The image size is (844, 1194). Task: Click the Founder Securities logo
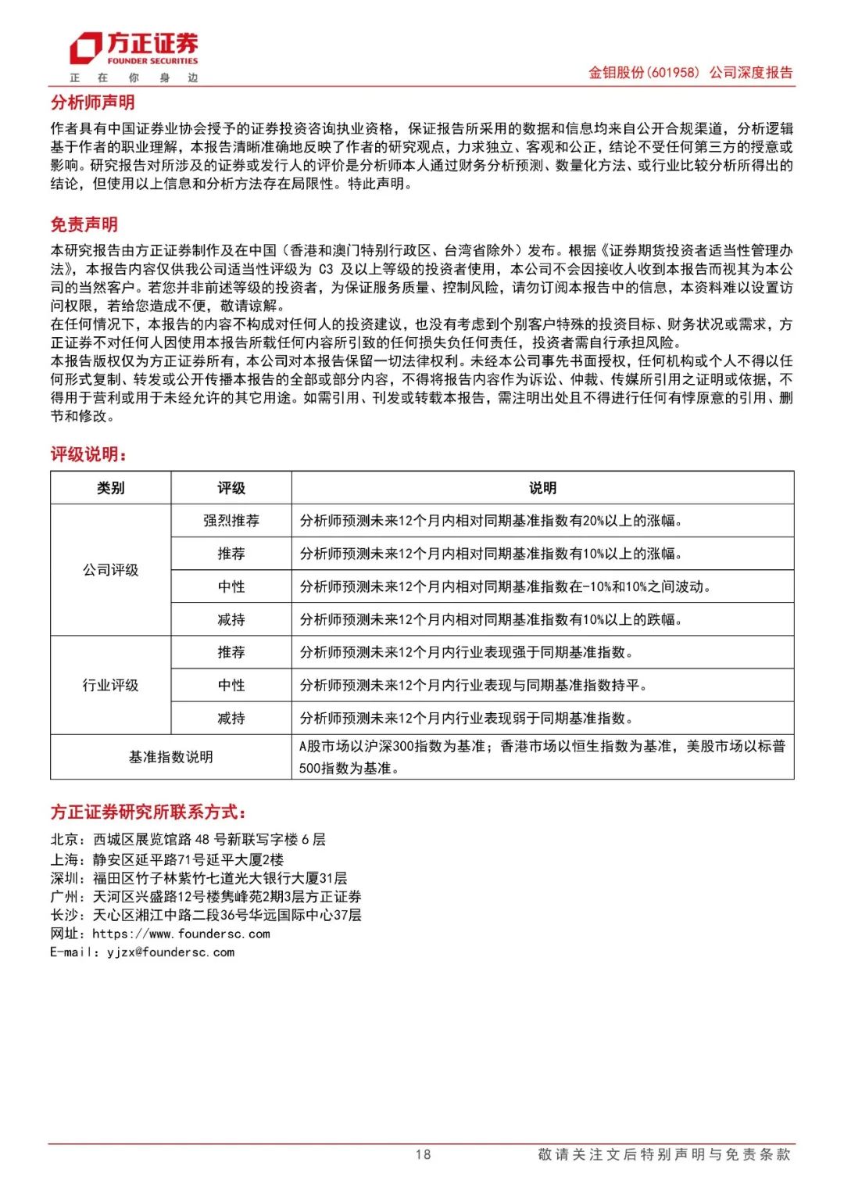(x=134, y=50)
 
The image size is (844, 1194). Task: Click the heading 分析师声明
(x=92, y=102)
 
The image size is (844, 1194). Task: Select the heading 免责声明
(x=84, y=224)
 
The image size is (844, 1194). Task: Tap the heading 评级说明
(x=88, y=454)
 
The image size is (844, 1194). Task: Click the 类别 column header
(x=110, y=488)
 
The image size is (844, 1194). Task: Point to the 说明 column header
(x=542, y=488)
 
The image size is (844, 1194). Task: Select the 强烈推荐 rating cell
(x=231, y=521)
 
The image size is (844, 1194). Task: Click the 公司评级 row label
(x=110, y=570)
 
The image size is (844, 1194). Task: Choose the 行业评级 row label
(x=110, y=685)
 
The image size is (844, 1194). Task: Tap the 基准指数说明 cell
(x=170, y=757)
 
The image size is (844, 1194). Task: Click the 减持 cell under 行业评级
(x=231, y=718)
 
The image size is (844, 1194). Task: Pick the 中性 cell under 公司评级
(x=231, y=586)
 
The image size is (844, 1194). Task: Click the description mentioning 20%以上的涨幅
(x=492, y=521)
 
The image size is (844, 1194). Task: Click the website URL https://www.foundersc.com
(x=181, y=934)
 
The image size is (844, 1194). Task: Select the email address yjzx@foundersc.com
(x=170, y=952)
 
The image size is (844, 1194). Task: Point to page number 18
(x=423, y=1154)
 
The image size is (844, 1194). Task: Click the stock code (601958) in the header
(x=673, y=73)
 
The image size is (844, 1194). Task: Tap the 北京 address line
(x=188, y=840)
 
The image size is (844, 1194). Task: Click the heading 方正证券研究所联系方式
(x=148, y=812)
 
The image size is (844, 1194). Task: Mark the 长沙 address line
(x=206, y=915)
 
